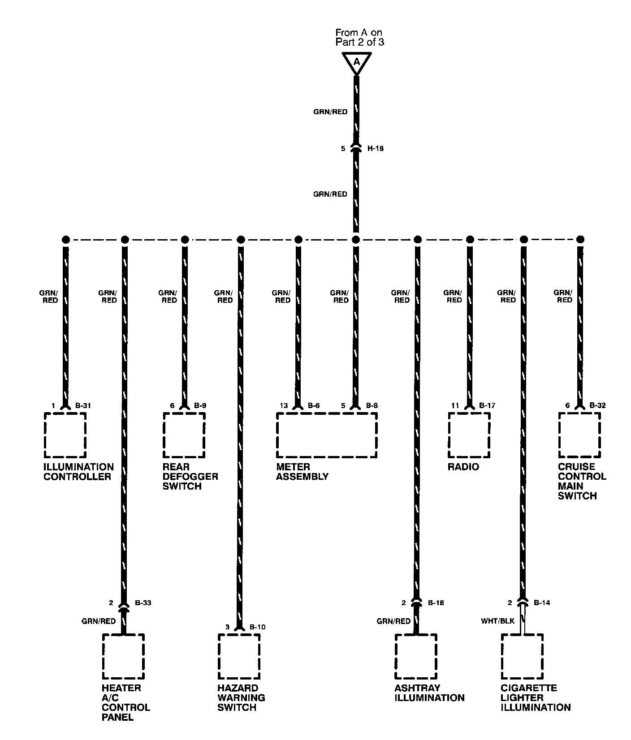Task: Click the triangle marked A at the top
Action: [x=356, y=62]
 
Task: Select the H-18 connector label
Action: [x=376, y=148]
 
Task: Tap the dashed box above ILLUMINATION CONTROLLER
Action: [x=65, y=435]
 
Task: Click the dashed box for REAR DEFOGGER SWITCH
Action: [x=184, y=435]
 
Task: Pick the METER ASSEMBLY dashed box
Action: [x=327, y=435]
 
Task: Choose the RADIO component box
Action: [x=469, y=435]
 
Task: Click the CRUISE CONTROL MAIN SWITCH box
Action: [x=579, y=435]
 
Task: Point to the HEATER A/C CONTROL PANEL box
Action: [x=123, y=656]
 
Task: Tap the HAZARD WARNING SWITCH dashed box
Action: [x=239, y=656]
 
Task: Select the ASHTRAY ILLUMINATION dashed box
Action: [x=416, y=656]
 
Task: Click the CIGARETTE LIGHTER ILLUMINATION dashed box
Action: [x=523, y=656]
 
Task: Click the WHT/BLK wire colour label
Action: [x=498, y=621]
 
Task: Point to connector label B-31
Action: [x=83, y=406]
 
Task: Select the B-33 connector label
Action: [x=143, y=603]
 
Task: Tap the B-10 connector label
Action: [x=257, y=627]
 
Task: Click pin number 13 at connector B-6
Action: [x=284, y=406]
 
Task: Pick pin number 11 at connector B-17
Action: [x=455, y=406]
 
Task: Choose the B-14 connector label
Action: [x=542, y=603]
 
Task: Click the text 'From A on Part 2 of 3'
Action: [x=359, y=37]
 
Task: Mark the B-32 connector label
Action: [x=597, y=406]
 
